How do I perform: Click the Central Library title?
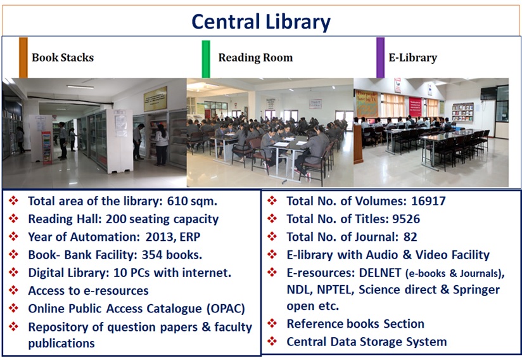click(261, 22)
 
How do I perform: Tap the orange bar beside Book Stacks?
click(23, 58)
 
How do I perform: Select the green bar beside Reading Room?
click(206, 59)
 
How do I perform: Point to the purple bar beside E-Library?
click(380, 58)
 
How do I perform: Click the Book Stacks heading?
click(63, 58)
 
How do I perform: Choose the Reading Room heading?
click(255, 58)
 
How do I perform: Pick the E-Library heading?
click(413, 58)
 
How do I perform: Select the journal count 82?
click(410, 237)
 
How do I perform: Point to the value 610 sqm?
click(192, 201)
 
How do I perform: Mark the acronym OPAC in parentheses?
click(226, 309)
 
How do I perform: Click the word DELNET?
click(380, 273)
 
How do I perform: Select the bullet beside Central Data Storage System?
click(272, 341)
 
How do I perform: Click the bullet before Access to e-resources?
click(14, 290)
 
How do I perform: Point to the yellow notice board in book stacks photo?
click(155, 99)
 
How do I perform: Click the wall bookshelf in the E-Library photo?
click(462, 112)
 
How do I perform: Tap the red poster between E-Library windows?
click(415, 106)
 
